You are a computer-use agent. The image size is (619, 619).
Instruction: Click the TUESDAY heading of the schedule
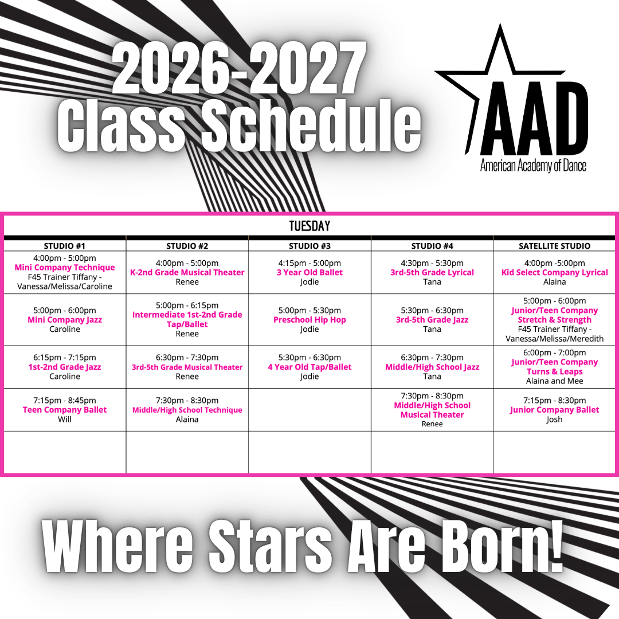pyautogui.click(x=309, y=226)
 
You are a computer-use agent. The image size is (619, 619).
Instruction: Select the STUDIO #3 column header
pyautogui.click(x=309, y=246)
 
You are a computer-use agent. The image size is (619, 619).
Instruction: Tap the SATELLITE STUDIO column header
pyautogui.click(x=554, y=246)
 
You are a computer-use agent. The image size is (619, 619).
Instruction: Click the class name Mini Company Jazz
pyautogui.click(x=65, y=320)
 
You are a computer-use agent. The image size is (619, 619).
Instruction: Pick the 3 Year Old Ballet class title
pyautogui.click(x=309, y=272)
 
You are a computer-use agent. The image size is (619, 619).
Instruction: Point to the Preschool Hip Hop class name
pyautogui.click(x=309, y=320)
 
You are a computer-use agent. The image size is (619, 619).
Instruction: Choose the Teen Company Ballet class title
pyautogui.click(x=65, y=410)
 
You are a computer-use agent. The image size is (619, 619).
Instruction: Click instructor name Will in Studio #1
pyautogui.click(x=65, y=419)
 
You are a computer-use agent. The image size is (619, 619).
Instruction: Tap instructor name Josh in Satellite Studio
pyautogui.click(x=554, y=419)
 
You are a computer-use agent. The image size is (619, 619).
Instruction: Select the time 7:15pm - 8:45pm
pyautogui.click(x=65, y=400)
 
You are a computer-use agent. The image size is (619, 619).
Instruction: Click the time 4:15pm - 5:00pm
pyautogui.click(x=309, y=263)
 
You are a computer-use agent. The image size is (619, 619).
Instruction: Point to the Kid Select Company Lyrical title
pyautogui.click(x=554, y=272)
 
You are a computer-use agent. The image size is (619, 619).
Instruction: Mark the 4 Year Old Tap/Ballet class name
pyautogui.click(x=309, y=367)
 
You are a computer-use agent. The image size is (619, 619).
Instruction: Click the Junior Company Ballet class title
pyautogui.click(x=554, y=410)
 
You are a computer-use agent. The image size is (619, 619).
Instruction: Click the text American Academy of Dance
pyautogui.click(x=533, y=166)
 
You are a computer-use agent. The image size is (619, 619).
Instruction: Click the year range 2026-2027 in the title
pyautogui.click(x=240, y=69)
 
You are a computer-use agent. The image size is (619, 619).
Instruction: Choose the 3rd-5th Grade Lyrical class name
pyautogui.click(x=432, y=272)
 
